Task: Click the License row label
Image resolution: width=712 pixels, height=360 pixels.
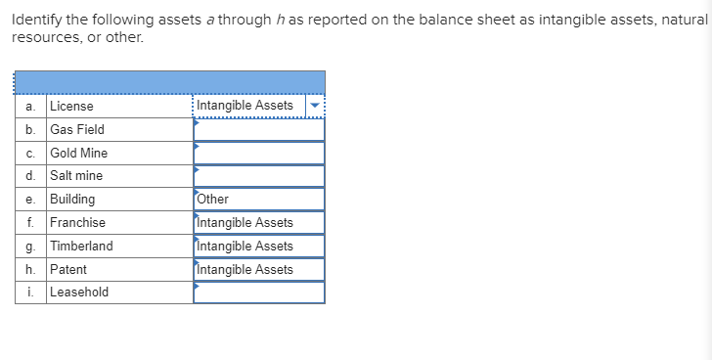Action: [x=72, y=106]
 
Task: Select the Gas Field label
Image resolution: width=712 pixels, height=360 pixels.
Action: [x=77, y=129]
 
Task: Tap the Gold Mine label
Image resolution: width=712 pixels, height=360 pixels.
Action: [x=79, y=153]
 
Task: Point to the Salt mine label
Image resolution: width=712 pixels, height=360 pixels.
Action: [x=76, y=176]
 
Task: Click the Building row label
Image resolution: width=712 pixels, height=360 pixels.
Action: [x=73, y=200]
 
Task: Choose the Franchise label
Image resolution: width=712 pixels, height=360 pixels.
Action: [x=77, y=223]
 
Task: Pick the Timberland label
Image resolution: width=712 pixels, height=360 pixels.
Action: [x=81, y=247]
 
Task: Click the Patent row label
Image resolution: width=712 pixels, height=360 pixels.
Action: [x=68, y=270]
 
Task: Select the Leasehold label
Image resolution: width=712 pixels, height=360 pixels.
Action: [x=79, y=292]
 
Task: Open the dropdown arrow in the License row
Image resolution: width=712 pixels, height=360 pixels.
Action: [x=314, y=106]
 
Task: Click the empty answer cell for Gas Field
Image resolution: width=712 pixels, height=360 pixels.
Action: [x=259, y=129]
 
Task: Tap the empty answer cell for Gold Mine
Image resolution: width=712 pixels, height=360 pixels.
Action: [x=259, y=153]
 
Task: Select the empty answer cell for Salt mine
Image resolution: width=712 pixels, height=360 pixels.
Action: [x=259, y=176]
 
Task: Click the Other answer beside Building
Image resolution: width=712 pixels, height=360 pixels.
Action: [x=213, y=200]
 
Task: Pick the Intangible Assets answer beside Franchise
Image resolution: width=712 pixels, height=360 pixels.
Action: [x=245, y=223]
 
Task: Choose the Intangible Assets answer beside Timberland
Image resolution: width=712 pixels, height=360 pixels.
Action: [x=245, y=247]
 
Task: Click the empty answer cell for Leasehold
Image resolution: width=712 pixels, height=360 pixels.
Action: [x=259, y=292]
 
